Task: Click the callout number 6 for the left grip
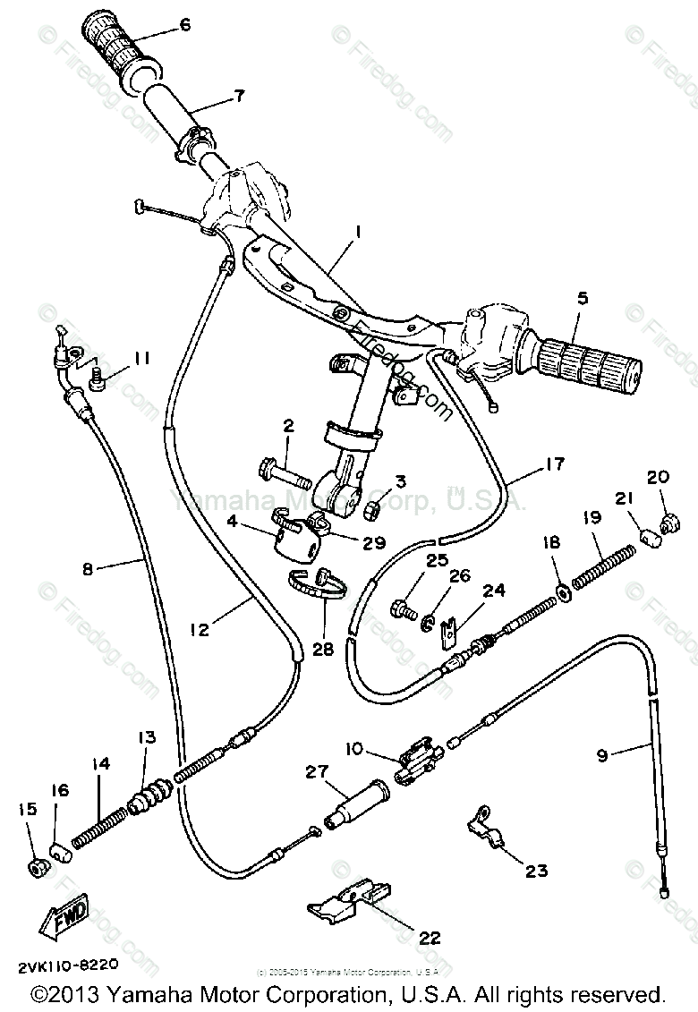pos(185,25)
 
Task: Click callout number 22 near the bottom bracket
pos(430,938)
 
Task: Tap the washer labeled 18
pos(565,590)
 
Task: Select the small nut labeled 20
pos(666,521)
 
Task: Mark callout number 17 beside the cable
pos(554,463)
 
